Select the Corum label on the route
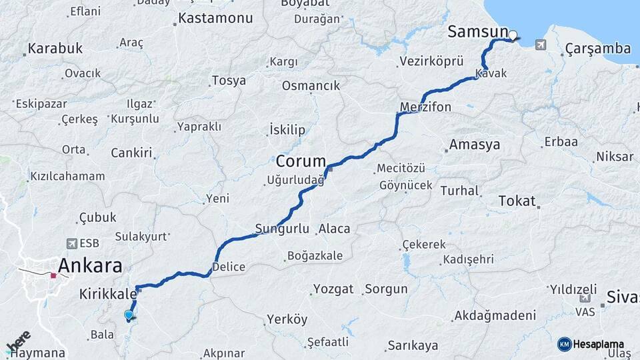301,161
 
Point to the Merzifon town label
425,107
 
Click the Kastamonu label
216,19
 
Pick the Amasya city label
474,145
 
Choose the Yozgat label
334,289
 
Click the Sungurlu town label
283,229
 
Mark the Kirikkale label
107,293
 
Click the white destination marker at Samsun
513,36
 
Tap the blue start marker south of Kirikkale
129,315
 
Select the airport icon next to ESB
71,244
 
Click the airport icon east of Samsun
539,45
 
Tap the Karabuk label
55,49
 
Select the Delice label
228,267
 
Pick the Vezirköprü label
431,61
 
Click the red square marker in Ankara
53,274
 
